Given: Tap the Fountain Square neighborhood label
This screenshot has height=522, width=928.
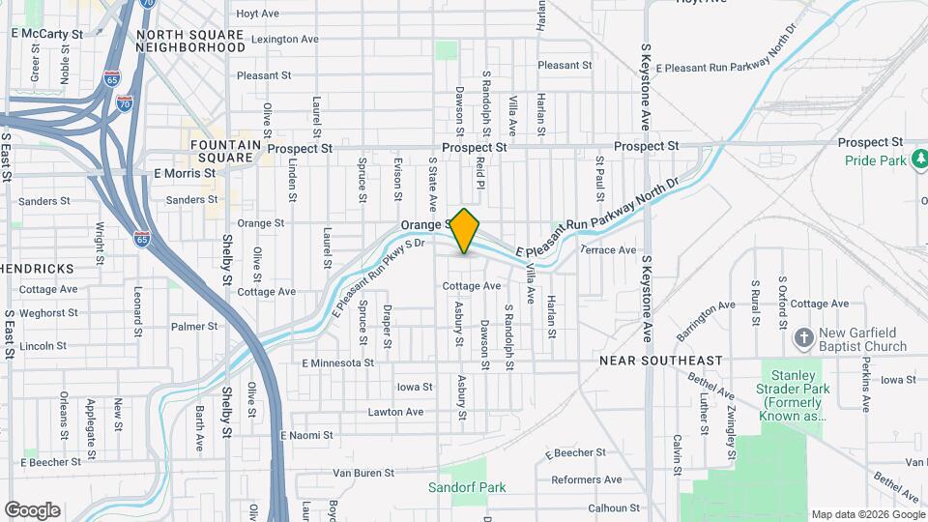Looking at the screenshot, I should pyautogui.click(x=226, y=151).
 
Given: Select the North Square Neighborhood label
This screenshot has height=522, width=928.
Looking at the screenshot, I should pyautogui.click(x=191, y=41).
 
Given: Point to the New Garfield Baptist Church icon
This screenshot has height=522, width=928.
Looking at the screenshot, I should pyautogui.click(x=803, y=337).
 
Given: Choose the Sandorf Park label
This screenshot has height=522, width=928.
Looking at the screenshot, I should pyautogui.click(x=468, y=487).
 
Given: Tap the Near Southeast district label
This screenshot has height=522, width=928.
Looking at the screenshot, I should pyautogui.click(x=660, y=361).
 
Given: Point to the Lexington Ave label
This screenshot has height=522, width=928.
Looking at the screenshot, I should pyautogui.click(x=284, y=40).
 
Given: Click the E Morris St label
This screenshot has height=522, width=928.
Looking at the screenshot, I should pyautogui.click(x=184, y=173).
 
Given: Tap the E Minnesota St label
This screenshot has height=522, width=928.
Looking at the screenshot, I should pyautogui.click(x=337, y=363).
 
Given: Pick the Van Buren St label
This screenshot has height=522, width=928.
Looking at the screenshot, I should pyautogui.click(x=363, y=474).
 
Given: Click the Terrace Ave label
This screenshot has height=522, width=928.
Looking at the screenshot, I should pyautogui.click(x=608, y=249).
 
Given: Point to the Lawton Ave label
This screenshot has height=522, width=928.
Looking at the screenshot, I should pyautogui.click(x=395, y=412).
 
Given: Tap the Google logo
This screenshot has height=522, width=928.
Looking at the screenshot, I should pyautogui.click(x=32, y=510).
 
